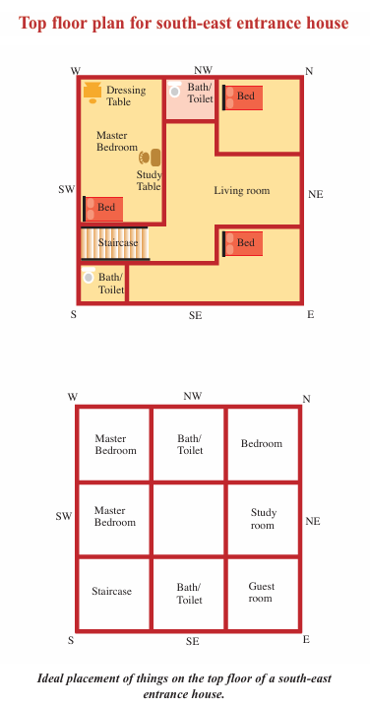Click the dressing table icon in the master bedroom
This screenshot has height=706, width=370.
pyautogui.click(x=92, y=93)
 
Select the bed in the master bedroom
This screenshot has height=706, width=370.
pyautogui.click(x=103, y=209)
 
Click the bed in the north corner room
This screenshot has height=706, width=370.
pyautogui.click(x=243, y=97)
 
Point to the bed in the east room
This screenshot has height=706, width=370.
pyautogui.click(x=243, y=244)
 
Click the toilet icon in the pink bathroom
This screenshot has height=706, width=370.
pyautogui.click(x=175, y=90)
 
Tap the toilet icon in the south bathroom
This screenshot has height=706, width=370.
pyautogui.click(x=89, y=276)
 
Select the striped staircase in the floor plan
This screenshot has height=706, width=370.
pyautogui.click(x=115, y=243)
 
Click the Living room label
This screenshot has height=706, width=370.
pyautogui.click(x=242, y=191)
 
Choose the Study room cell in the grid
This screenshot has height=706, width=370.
pyautogui.click(x=264, y=519)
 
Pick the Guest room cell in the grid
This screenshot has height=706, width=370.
pyautogui.click(x=264, y=594)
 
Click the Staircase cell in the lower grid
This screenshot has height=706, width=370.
pyautogui.click(x=114, y=594)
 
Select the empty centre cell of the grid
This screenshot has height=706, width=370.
pyautogui.click(x=189, y=519)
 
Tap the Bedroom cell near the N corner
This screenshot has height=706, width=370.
pyautogui.click(x=264, y=444)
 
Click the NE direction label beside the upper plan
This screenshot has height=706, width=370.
pyautogui.click(x=316, y=195)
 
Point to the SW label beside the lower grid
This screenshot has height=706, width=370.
pyautogui.click(x=64, y=516)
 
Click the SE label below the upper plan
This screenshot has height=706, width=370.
pyautogui.click(x=195, y=316)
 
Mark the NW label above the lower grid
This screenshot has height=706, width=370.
pyautogui.click(x=192, y=396)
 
